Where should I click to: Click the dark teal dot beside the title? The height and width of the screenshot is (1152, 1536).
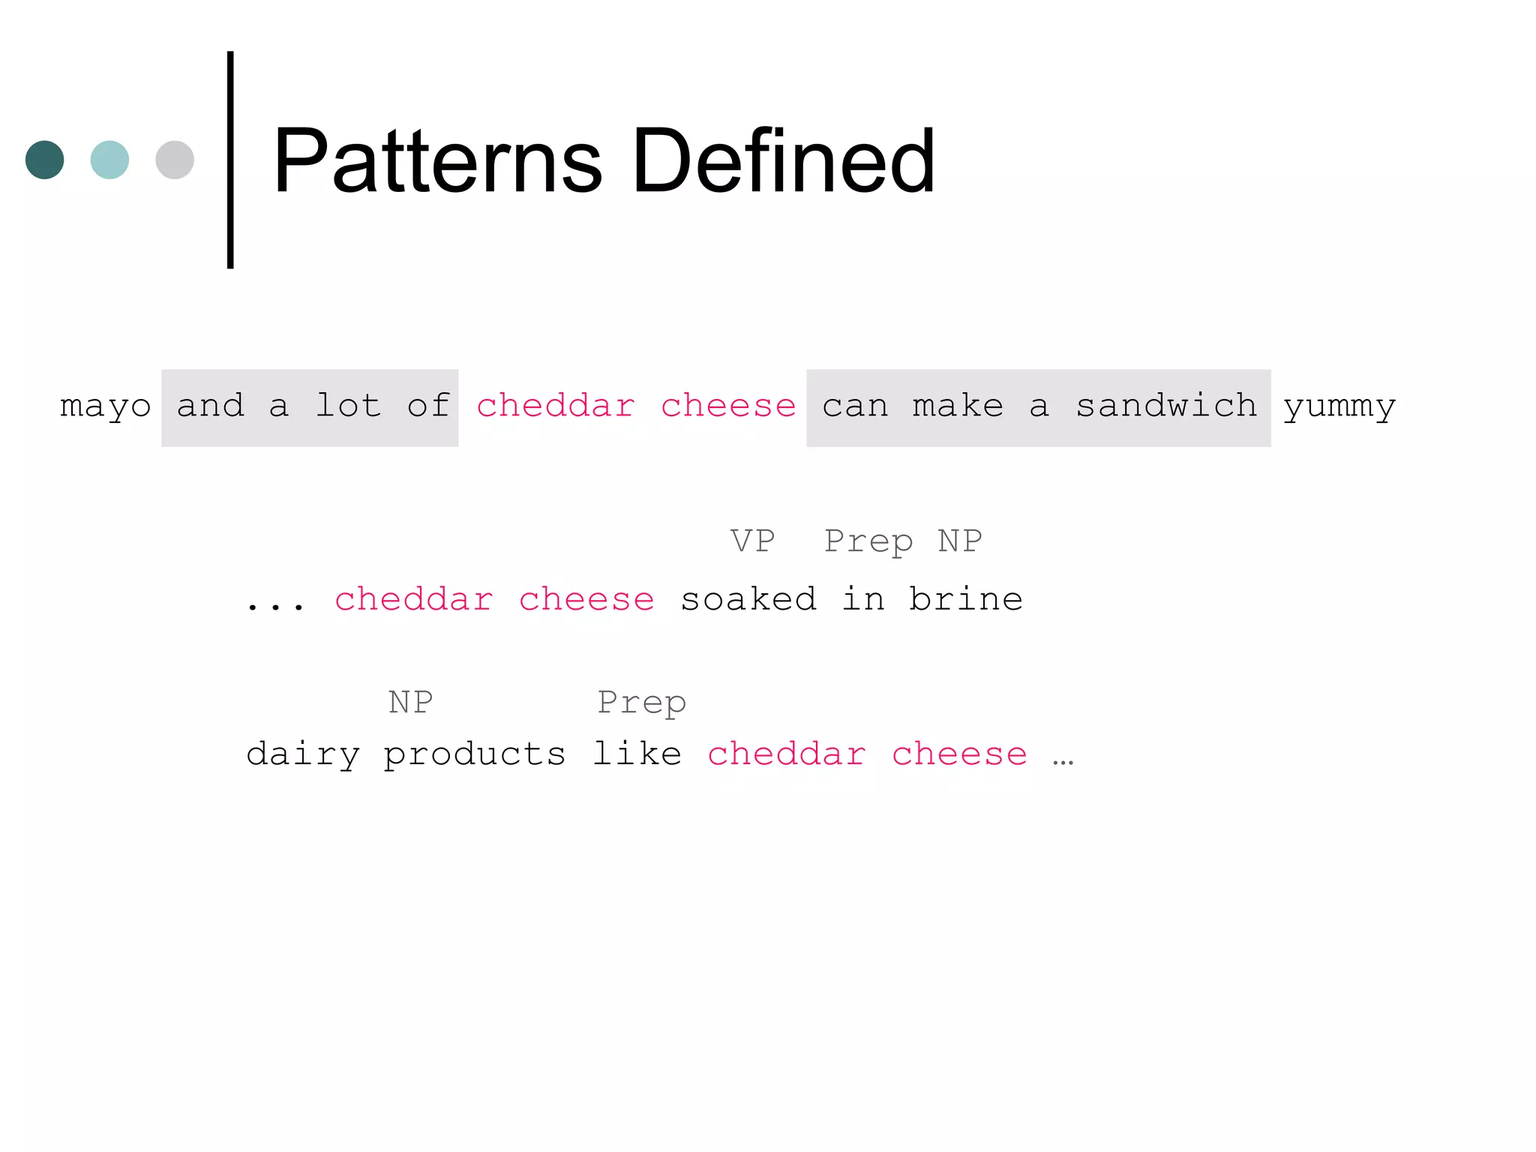pyautogui.click(x=44, y=160)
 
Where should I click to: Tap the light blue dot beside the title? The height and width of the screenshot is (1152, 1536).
pyautogui.click(x=109, y=160)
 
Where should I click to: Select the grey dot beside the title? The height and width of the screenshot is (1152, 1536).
pyautogui.click(x=175, y=160)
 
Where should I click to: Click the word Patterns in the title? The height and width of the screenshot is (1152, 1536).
pyautogui.click(x=437, y=161)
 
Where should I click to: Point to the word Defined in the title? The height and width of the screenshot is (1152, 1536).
pyautogui.click(x=783, y=161)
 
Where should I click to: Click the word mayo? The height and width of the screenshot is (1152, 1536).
pyautogui.click(x=105, y=406)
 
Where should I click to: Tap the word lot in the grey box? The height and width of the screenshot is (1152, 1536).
pyautogui.click(x=349, y=406)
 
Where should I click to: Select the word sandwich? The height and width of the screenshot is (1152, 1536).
pyautogui.click(x=1166, y=406)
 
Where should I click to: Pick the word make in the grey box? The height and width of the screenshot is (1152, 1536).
pyautogui.click(x=958, y=406)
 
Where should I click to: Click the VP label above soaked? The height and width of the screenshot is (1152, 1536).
pyautogui.click(x=752, y=541)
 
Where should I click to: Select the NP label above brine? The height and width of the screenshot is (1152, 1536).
pyautogui.click(x=960, y=541)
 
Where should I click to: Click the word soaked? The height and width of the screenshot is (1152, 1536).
pyautogui.click(x=748, y=599)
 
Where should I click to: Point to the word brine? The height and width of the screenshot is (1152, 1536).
pyautogui.click(x=966, y=599)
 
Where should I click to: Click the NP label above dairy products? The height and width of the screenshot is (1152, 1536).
pyautogui.click(x=410, y=703)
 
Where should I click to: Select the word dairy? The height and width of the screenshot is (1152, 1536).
pyautogui.click(x=303, y=754)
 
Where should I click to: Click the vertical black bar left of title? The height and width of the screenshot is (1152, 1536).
pyautogui.click(x=230, y=160)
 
